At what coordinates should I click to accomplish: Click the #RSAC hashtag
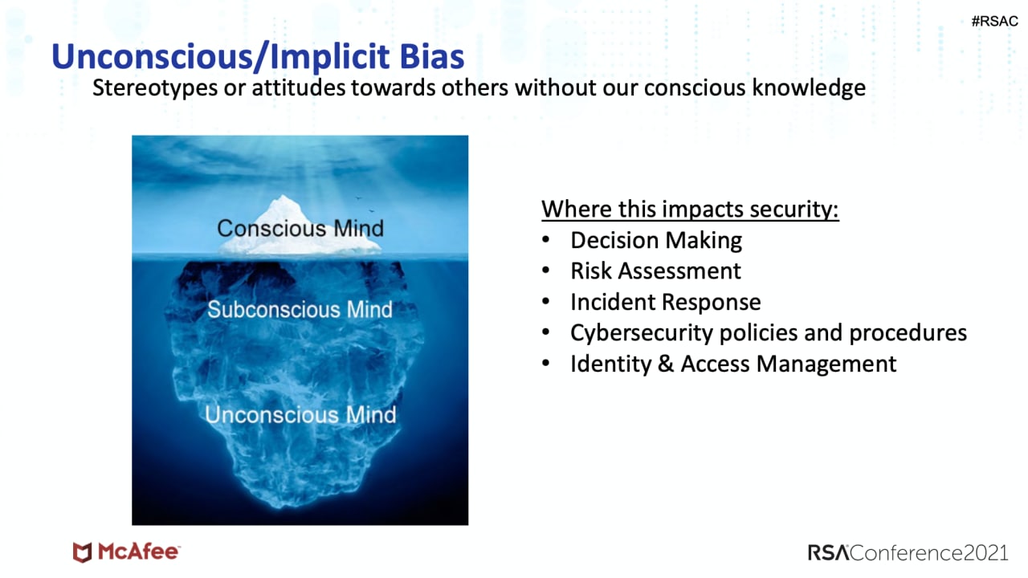click(x=994, y=21)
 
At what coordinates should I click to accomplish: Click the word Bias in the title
click(x=432, y=56)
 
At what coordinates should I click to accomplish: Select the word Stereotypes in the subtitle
click(x=155, y=88)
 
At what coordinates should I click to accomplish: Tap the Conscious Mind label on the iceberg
click(x=300, y=229)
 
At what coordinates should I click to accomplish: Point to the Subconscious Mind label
click(x=300, y=309)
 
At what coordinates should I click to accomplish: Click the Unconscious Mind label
click(x=300, y=415)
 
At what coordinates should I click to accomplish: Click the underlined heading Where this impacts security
click(x=690, y=210)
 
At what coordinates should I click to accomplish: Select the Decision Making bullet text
click(x=656, y=240)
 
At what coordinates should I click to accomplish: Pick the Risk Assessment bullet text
click(x=656, y=271)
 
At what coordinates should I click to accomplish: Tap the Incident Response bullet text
click(x=666, y=303)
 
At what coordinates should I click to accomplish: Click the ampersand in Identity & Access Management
click(x=666, y=364)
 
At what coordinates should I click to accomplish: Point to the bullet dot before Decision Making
click(x=545, y=240)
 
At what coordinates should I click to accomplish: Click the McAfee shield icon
click(x=83, y=552)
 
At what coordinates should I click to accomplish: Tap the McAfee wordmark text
click(x=138, y=552)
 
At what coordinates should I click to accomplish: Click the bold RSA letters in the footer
click(x=829, y=553)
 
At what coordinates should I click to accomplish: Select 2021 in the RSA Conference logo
click(x=985, y=553)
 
